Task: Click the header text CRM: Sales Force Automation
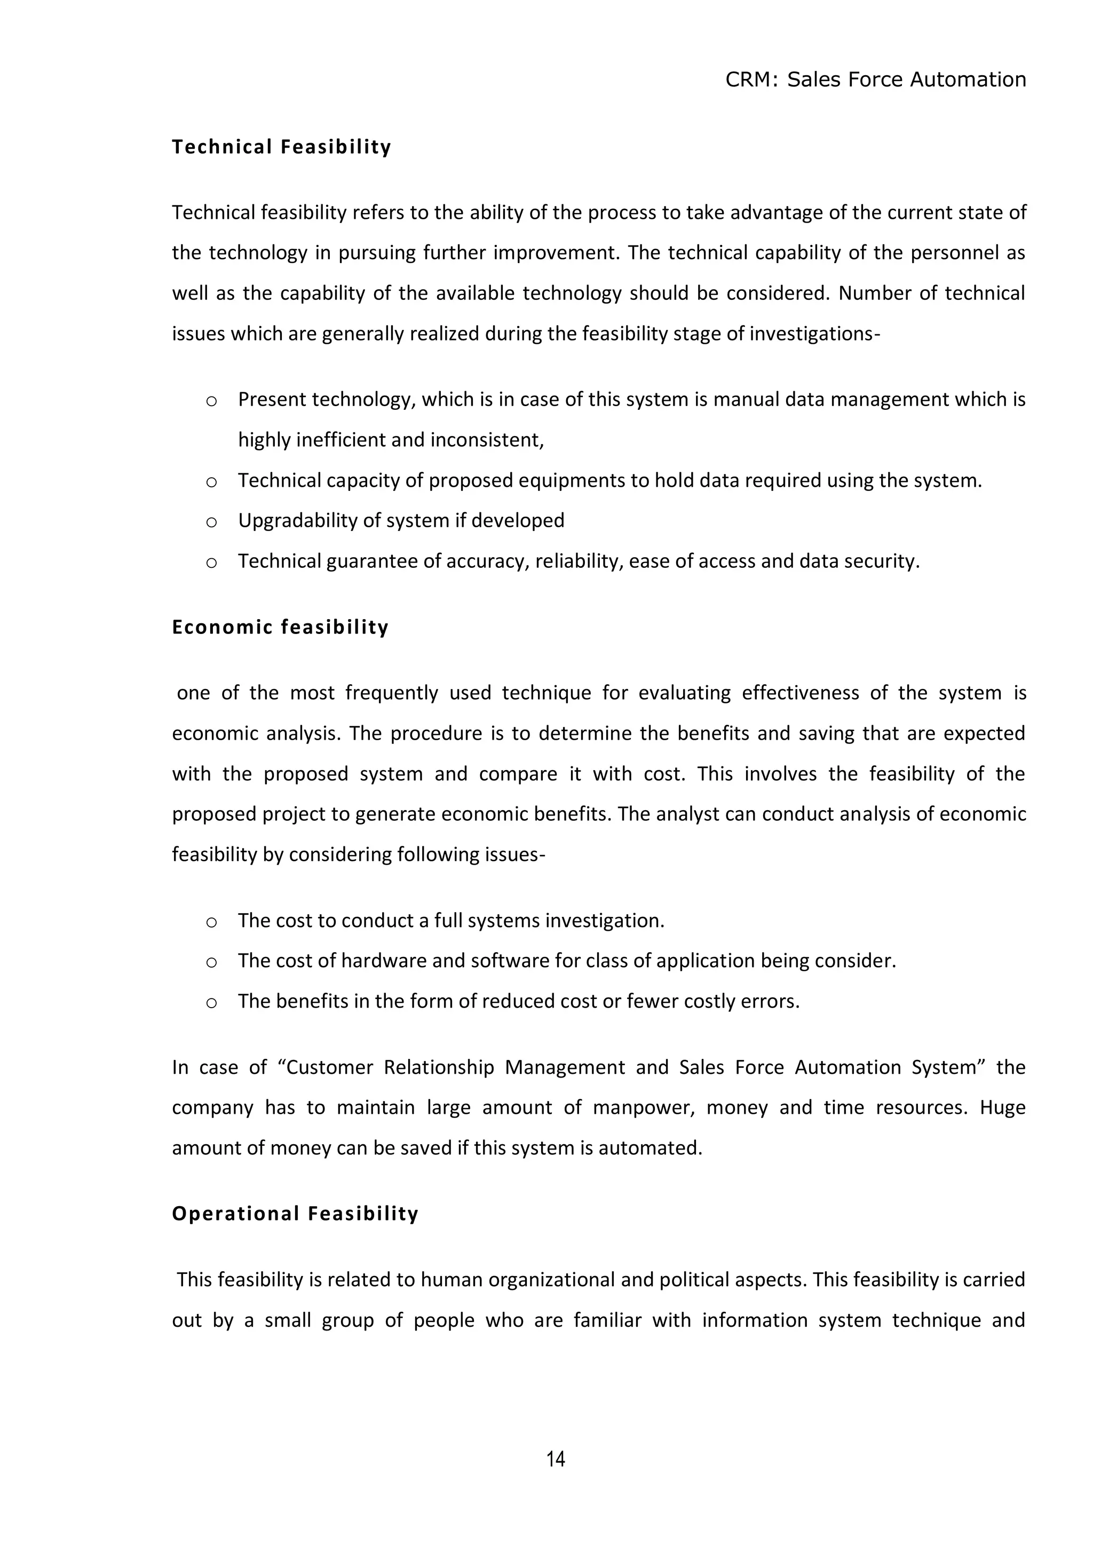point(875,80)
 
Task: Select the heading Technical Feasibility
point(281,147)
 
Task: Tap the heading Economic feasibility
point(280,627)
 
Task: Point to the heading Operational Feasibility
point(295,1213)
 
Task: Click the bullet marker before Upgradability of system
point(211,522)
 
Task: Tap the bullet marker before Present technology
point(211,401)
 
